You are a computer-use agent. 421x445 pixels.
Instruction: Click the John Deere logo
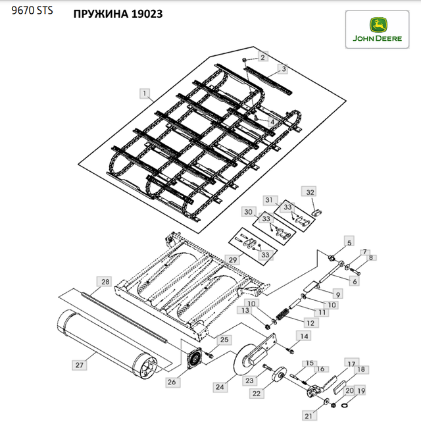377,29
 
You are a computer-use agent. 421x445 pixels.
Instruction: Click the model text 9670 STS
32,11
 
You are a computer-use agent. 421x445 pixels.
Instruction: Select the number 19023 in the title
147,14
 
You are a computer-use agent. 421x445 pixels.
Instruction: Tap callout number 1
145,93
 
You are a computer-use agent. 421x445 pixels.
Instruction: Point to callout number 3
284,69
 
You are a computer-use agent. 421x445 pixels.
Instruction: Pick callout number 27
80,365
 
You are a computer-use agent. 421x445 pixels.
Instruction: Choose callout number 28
105,282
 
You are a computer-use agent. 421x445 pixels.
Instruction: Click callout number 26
172,382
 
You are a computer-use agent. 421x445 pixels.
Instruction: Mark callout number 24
220,387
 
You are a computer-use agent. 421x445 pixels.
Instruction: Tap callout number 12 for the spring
310,323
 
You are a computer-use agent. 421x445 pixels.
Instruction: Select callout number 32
310,192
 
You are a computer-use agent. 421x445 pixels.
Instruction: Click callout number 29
233,259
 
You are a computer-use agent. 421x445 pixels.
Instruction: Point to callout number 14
304,336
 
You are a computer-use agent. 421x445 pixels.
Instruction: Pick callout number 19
361,391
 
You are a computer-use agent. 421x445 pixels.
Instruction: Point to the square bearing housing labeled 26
194,358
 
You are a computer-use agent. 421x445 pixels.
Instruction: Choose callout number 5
349,243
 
